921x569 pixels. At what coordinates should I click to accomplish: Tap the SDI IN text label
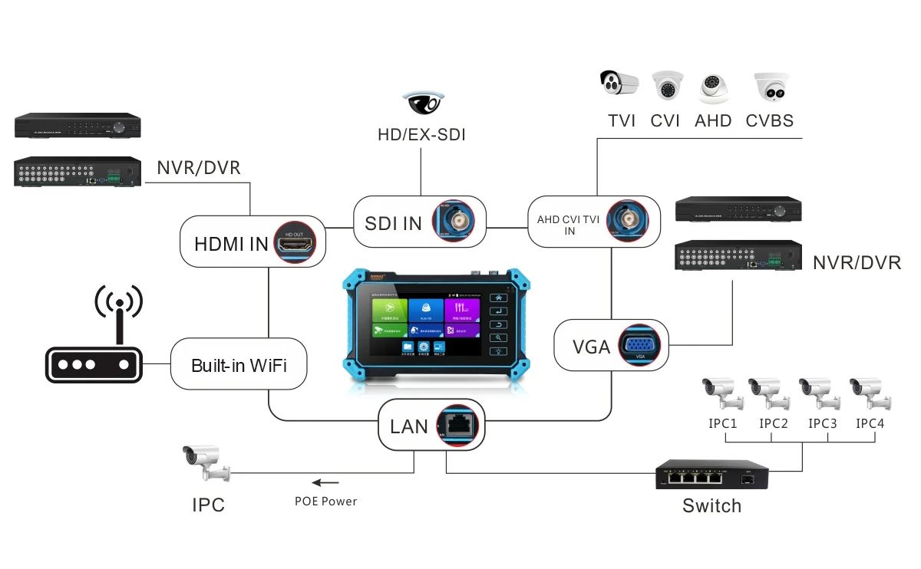pyautogui.click(x=392, y=223)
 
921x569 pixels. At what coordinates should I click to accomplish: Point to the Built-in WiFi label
pyautogui.click(x=239, y=365)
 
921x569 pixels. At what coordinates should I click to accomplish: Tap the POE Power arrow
pyautogui.click(x=325, y=482)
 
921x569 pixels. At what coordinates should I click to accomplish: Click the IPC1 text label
pyautogui.click(x=723, y=423)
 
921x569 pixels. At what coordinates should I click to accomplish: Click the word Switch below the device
pyautogui.click(x=711, y=506)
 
